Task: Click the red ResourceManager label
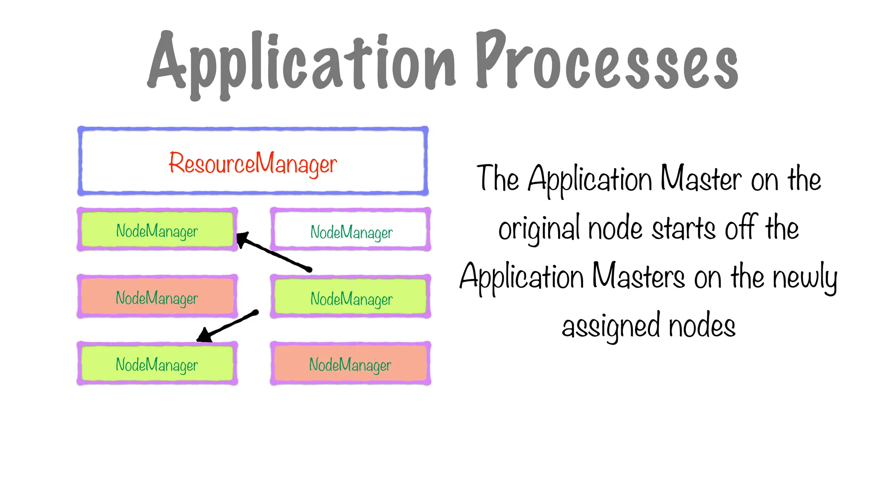(x=253, y=164)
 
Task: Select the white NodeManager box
(x=350, y=230)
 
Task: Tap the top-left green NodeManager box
(x=157, y=230)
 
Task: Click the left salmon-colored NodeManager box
(x=157, y=297)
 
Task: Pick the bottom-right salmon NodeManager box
(x=350, y=364)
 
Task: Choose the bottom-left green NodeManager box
(x=157, y=364)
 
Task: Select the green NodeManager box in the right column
(x=350, y=297)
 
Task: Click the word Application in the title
(x=302, y=63)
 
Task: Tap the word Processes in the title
(x=606, y=60)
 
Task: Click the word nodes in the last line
(x=702, y=326)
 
